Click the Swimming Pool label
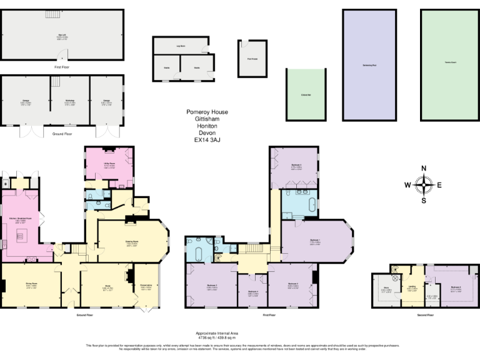tap(369, 65)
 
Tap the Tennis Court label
tap(448, 61)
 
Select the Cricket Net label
tap(306, 94)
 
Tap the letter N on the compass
tap(424, 168)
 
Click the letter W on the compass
tap(407, 184)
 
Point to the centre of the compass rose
tap(424, 184)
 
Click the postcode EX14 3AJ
tap(207, 140)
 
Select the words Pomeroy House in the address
tap(207, 112)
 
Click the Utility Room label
tap(109, 166)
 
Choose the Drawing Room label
tap(131, 242)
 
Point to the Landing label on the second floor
tap(412, 288)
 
